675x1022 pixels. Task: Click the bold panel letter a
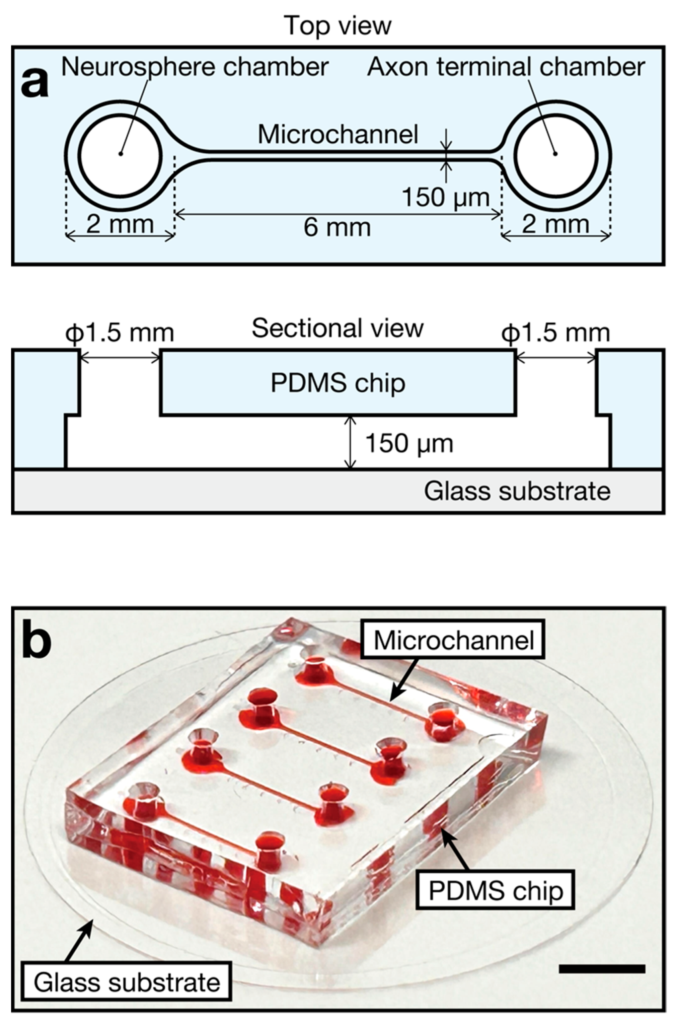pos(35,83)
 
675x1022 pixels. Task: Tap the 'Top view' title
pos(337,25)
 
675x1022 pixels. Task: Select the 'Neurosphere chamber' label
pos(195,67)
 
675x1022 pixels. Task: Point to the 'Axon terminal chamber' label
pos(506,67)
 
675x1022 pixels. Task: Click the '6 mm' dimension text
pos(337,227)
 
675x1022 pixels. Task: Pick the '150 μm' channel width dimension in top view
pos(446,198)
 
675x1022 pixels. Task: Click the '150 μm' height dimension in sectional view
pos(409,443)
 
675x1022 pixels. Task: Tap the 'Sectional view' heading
pos(337,328)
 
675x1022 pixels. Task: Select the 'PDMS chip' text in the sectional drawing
pos(338,383)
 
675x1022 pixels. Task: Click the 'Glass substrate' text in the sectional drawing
pos(517,491)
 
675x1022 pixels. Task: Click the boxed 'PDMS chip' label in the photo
pos(496,891)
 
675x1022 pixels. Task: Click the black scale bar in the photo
pos(602,969)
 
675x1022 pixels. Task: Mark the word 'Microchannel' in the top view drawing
pos(338,134)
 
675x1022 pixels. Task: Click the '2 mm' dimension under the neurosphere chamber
pos(120,224)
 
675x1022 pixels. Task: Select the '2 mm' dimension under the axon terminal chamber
pos(556,224)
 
